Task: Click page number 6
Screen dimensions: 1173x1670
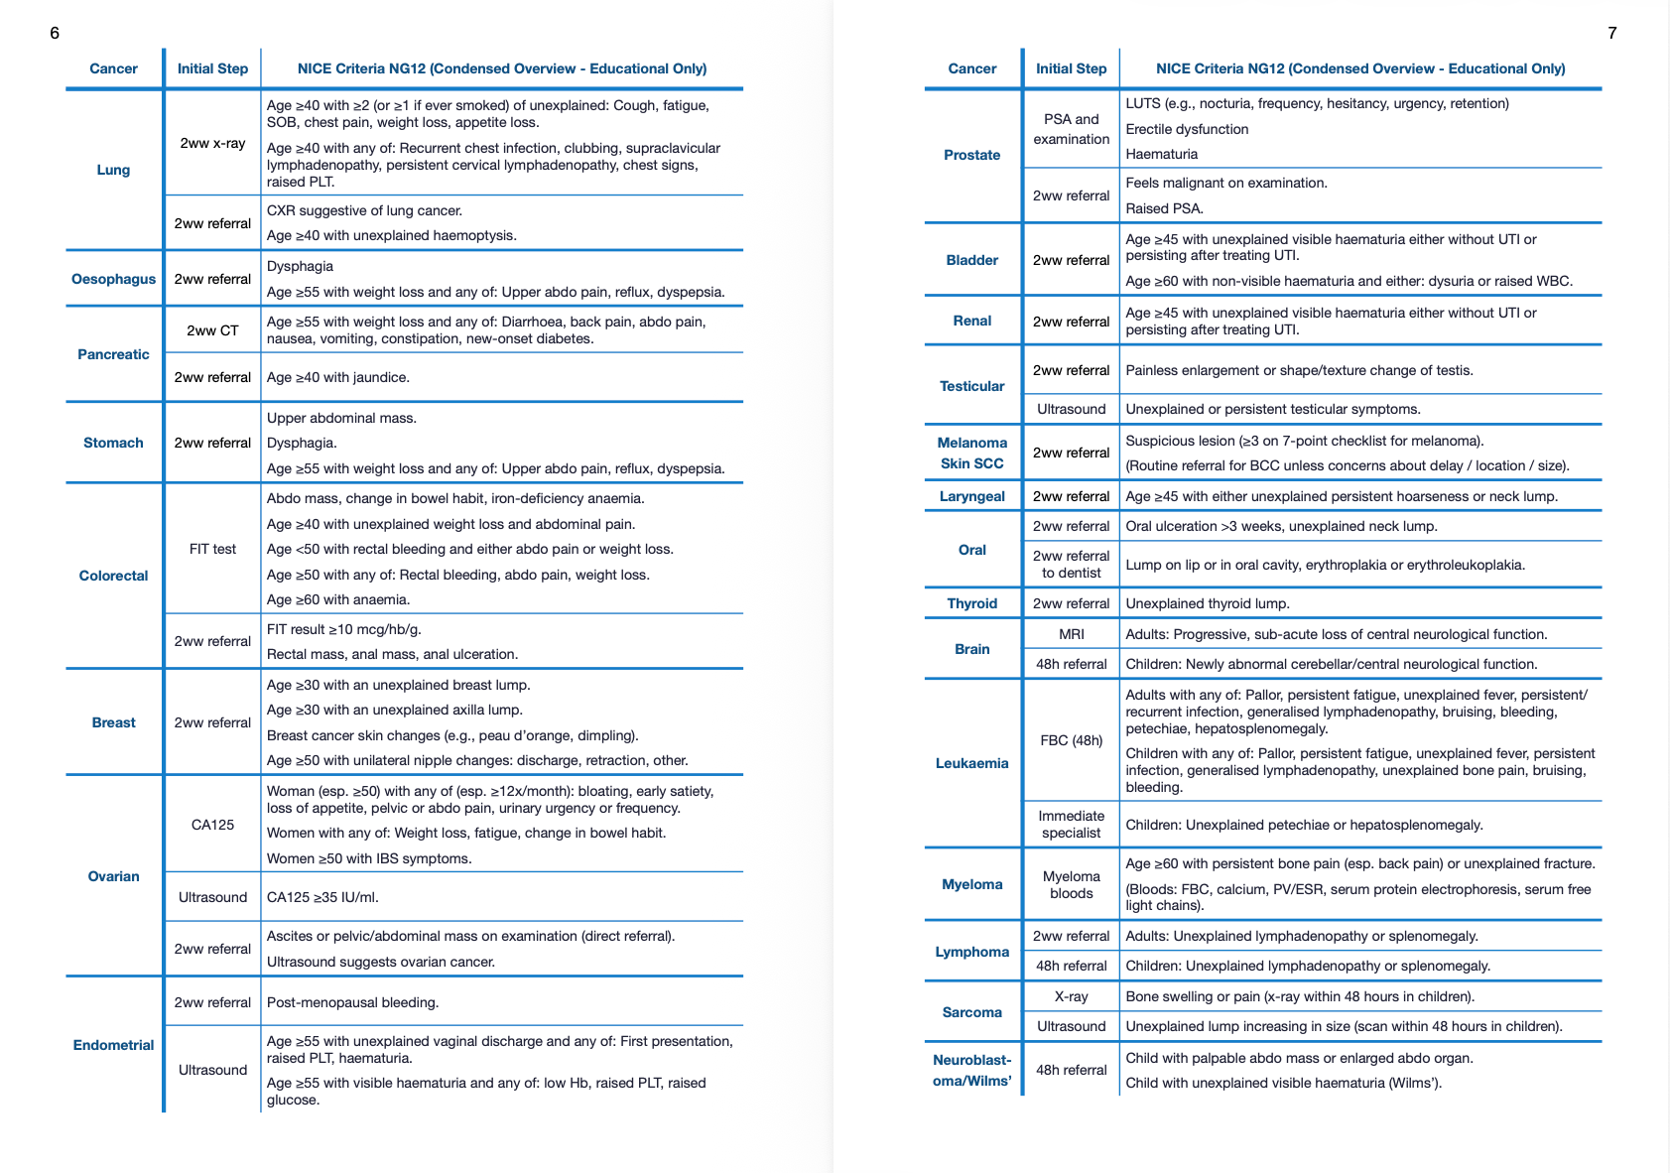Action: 55,33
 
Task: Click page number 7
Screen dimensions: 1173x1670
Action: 1611,33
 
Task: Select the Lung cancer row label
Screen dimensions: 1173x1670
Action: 113,170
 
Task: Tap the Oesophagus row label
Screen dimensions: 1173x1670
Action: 113,279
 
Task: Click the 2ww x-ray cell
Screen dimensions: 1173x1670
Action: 212,143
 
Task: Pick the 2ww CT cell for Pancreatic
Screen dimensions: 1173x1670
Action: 212,330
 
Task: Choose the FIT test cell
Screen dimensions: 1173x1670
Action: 212,549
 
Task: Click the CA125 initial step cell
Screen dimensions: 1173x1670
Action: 212,825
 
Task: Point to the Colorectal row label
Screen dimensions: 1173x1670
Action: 113,576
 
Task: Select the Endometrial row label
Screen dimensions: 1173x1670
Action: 113,1045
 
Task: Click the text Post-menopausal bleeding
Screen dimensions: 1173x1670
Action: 352,1002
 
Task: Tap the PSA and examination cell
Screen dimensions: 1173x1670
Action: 1071,129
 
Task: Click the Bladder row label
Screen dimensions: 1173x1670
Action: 971,260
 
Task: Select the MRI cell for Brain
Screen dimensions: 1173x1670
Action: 1071,634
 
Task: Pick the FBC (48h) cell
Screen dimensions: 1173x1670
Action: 1071,740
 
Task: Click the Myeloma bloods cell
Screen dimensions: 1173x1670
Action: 1071,884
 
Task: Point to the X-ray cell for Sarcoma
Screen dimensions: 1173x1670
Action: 1071,996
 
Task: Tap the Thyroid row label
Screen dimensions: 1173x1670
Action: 971,603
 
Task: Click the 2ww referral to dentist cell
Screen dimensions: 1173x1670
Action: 1071,564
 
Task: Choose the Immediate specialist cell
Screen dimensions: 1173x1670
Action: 1071,824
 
